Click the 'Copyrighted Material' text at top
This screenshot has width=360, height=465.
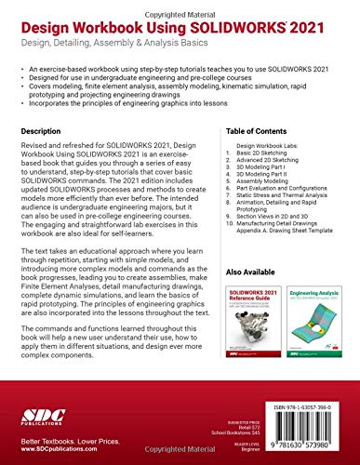(x=180, y=4)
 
